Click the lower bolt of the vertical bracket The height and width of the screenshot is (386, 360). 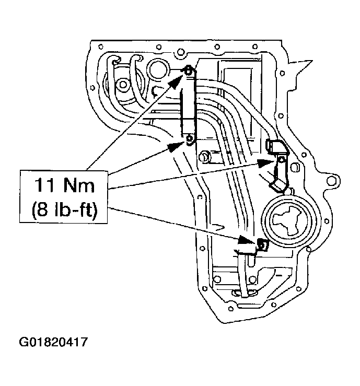pyautogui.click(x=189, y=139)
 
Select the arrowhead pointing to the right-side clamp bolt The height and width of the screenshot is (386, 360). pyautogui.click(x=268, y=162)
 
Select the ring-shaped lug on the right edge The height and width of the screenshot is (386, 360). pyautogui.click(x=331, y=183)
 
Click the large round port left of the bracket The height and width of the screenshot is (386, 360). pyautogui.click(x=156, y=68)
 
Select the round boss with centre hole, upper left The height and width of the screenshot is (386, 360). pyautogui.click(x=122, y=84)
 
